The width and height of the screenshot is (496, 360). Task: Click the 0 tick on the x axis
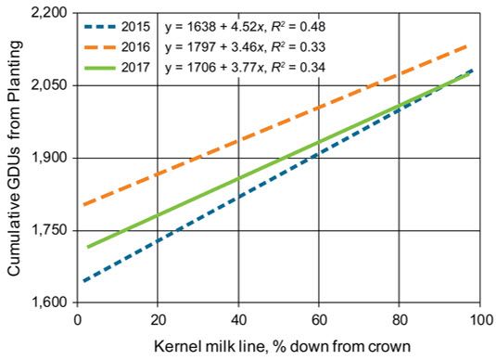coord(78,318)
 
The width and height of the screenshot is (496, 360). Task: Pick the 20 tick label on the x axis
coord(158,318)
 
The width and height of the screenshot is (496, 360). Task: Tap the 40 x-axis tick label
coord(238,318)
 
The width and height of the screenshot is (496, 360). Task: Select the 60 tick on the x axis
coord(318,318)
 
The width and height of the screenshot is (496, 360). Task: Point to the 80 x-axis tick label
coord(399,318)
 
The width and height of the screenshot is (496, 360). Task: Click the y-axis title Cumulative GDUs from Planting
coord(14,158)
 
